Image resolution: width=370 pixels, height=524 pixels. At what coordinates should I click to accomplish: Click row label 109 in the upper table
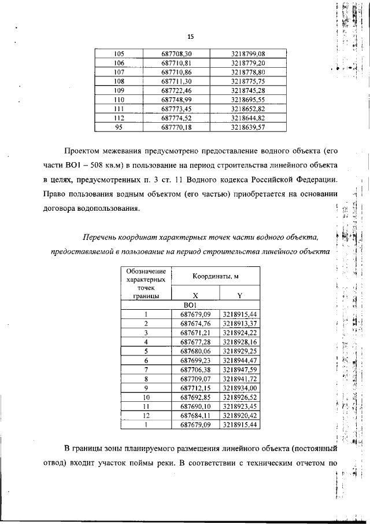pos(120,90)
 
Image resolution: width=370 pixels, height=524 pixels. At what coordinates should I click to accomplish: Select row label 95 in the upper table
pos(120,127)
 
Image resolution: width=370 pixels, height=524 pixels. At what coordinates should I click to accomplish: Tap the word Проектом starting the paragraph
pos(86,151)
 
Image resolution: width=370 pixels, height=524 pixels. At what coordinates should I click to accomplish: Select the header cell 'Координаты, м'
pos(216,277)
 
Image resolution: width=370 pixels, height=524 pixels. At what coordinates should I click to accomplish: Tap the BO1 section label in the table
pos(190,305)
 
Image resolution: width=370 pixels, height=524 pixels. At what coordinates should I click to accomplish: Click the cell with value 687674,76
pos(195,323)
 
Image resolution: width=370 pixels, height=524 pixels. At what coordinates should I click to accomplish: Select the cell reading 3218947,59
pos(239,369)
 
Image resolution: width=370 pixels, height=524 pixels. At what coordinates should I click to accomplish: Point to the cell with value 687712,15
pos(195,387)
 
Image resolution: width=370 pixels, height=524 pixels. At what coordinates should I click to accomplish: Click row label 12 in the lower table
pos(146,415)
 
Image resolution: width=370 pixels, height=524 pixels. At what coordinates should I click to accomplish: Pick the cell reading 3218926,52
pos(239,397)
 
